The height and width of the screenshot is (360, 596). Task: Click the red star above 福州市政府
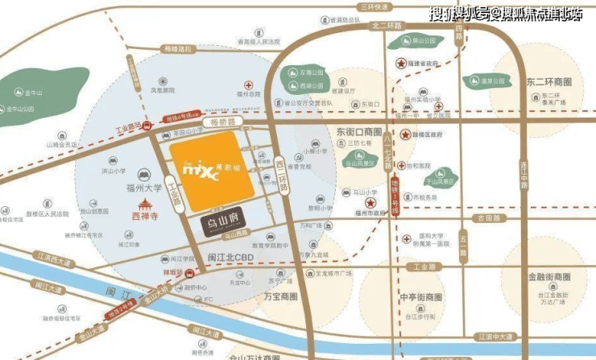point(370,203)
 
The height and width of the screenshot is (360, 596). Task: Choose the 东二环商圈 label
point(549,82)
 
